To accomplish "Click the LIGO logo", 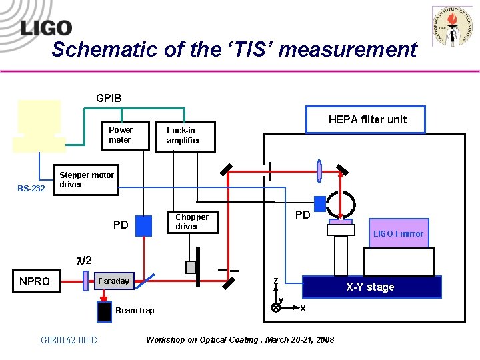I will [45, 28].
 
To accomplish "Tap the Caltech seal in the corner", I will [452, 27].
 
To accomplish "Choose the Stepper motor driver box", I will [86, 180].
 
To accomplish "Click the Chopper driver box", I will [194, 222].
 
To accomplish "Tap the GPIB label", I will [109, 98].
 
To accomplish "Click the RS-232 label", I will [31, 189].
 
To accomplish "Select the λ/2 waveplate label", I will [85, 260].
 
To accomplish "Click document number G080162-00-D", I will [69, 341].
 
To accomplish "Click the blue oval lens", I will [319, 171].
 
